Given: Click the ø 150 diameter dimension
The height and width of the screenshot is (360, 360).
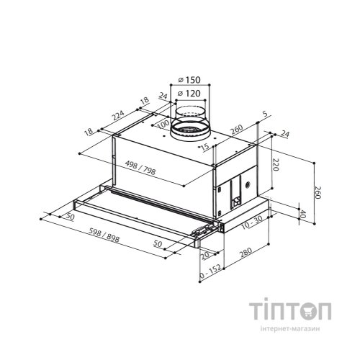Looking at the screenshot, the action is tap(189, 80).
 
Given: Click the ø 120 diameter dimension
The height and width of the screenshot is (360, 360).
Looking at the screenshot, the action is tap(189, 93).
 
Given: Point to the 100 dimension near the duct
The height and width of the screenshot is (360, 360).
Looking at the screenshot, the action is tap(163, 125).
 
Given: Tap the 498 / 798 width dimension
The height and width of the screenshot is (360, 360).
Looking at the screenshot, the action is tap(140, 168).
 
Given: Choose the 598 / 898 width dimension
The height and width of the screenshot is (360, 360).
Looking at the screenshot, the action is tap(104, 235).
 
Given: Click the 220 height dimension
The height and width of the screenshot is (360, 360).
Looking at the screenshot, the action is tap(276, 165).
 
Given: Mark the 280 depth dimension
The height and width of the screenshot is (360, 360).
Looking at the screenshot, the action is tap(246, 253).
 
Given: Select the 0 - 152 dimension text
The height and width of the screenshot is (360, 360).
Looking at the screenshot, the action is tap(210, 272).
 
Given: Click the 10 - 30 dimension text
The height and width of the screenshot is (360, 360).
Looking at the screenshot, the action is tap(252, 222).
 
